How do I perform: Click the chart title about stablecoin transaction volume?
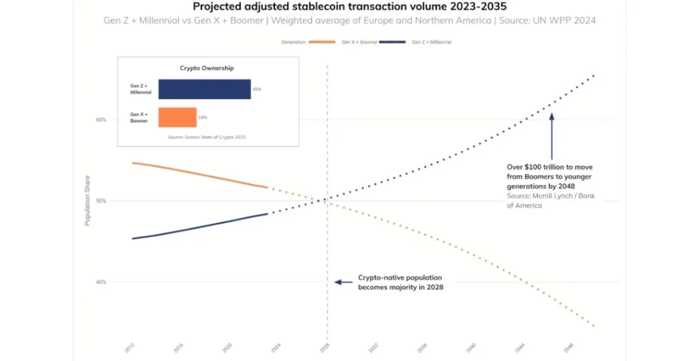click(349, 7)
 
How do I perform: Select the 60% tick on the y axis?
click(101, 120)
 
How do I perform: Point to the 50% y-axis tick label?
click(101, 201)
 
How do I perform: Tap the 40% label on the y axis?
click(101, 282)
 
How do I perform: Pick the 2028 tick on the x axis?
click(327, 347)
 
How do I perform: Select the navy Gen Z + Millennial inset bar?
click(204, 89)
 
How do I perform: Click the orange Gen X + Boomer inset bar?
click(177, 117)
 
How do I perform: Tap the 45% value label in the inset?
click(257, 89)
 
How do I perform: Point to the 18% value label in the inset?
click(202, 118)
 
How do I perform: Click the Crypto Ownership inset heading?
click(207, 68)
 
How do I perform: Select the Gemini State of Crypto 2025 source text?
click(207, 137)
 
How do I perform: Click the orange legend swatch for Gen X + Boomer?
click(322, 42)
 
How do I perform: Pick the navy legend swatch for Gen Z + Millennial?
click(391, 42)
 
